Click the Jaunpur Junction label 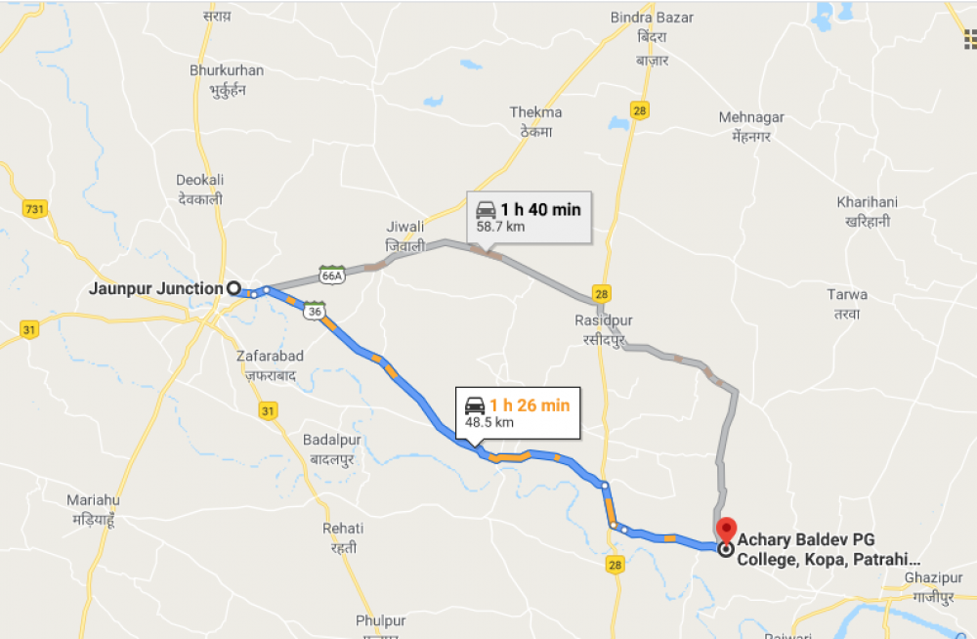coord(156,288)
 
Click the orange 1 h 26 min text coord(529,405)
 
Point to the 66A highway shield coord(332,276)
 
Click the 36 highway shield coord(313,311)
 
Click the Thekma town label coord(535,112)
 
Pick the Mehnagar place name coord(751,117)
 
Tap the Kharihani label coord(867,202)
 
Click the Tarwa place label coord(846,294)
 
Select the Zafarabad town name coord(270,357)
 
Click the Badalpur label coord(332,440)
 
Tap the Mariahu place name coord(93,499)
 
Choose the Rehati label coord(343,529)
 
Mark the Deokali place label coord(200,180)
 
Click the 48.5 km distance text coord(488,423)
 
